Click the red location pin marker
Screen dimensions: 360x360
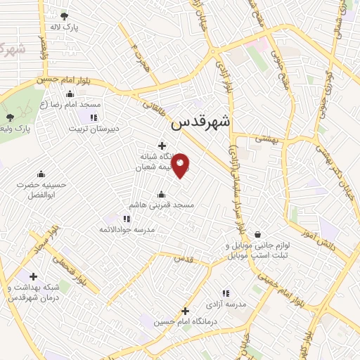(181, 165)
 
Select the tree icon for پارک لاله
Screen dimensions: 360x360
(65, 16)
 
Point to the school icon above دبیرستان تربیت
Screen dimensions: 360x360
(94, 117)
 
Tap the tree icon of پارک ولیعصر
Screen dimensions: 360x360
(10, 117)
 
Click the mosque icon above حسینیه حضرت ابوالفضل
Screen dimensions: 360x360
(41, 174)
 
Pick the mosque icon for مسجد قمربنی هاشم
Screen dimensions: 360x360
(162, 194)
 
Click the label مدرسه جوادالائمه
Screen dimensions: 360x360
(126, 229)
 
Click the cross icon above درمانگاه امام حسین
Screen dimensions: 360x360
(185, 311)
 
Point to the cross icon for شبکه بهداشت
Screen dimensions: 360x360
(33, 276)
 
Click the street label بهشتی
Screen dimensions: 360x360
(267, 140)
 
